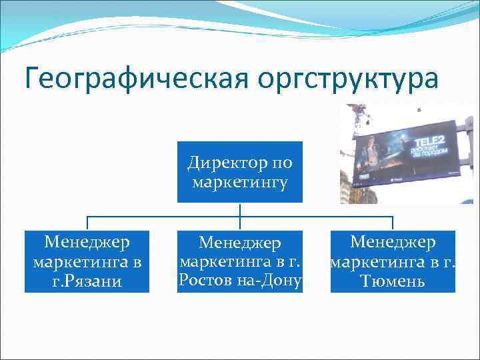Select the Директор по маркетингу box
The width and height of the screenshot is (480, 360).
tap(239, 171)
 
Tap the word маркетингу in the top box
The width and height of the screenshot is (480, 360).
tap(239, 182)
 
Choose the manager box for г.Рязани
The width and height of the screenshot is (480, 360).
tap(87, 261)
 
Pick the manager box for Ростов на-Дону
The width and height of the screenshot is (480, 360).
tap(240, 261)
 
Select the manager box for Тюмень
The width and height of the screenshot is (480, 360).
tap(393, 261)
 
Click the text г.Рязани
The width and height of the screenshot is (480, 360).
tap(88, 282)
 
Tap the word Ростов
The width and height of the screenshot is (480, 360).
tap(204, 281)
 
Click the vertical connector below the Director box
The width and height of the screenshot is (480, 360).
tap(239, 209)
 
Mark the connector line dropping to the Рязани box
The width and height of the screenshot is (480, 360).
tap(87, 223)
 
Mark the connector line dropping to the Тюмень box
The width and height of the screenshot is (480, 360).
tap(393, 223)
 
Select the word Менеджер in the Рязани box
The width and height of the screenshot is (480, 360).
tap(87, 241)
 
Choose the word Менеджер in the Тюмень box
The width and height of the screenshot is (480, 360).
tap(393, 241)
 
